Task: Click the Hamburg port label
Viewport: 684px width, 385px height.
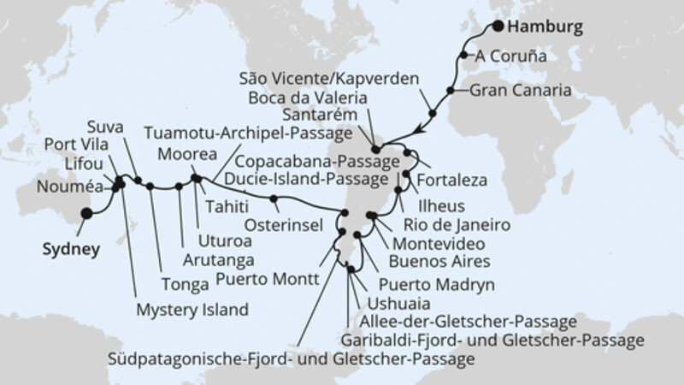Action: [x=545, y=27]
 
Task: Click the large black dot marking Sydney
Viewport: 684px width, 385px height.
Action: [x=85, y=214]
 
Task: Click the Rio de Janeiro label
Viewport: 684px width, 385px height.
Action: [x=450, y=226]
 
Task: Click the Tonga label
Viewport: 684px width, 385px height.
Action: [x=179, y=280]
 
